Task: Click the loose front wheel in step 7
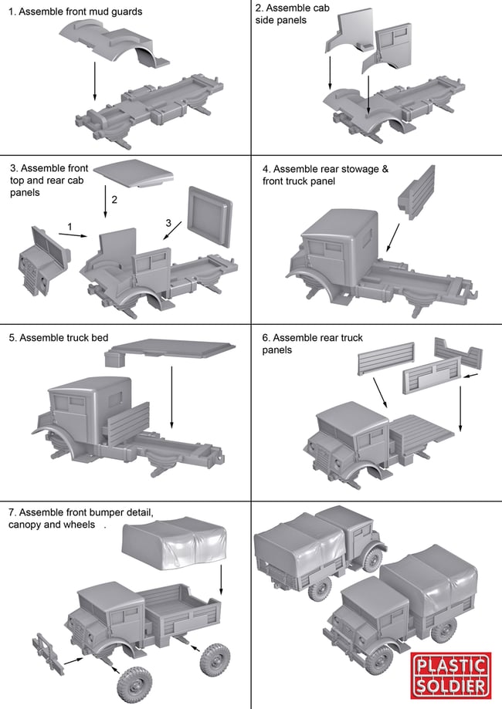pyautogui.click(x=131, y=682)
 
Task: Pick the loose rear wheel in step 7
pyautogui.click(x=214, y=661)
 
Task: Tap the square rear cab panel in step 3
pyautogui.click(x=209, y=218)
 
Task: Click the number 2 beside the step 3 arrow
pyautogui.click(x=114, y=200)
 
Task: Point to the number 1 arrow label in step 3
pyautogui.click(x=70, y=226)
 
